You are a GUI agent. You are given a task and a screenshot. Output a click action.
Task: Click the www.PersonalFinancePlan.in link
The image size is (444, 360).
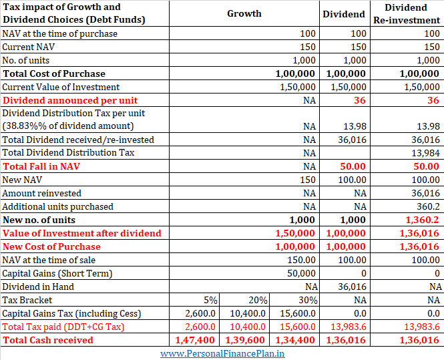222,353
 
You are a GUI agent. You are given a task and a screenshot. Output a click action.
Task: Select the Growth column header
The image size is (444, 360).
244,13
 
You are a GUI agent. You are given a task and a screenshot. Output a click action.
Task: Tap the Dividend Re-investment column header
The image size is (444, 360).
407,14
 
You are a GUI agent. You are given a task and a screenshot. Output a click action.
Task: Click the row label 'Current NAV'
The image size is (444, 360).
28,47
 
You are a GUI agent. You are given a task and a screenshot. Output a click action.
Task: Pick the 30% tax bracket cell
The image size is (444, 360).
308,300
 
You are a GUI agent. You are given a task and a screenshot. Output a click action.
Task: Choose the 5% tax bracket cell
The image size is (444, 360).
210,300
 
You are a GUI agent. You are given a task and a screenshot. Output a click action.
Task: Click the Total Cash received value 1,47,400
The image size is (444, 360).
195,340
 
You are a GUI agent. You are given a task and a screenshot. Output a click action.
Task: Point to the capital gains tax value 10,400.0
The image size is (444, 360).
248,313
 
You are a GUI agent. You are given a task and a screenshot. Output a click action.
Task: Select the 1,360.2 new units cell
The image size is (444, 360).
422,220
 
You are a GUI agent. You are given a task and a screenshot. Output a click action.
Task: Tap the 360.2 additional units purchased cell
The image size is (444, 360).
428,206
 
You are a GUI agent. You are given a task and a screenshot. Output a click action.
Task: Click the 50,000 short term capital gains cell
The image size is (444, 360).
301,273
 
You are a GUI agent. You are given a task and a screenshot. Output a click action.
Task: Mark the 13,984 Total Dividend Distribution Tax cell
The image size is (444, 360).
425,153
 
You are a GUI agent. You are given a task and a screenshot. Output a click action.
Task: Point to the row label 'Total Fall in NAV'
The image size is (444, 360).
41,166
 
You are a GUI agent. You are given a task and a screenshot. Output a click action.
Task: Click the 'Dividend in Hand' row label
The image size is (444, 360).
38,287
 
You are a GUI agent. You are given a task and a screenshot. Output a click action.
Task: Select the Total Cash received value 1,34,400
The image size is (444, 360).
295,340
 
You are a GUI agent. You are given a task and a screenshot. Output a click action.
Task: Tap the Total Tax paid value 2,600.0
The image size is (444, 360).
200,327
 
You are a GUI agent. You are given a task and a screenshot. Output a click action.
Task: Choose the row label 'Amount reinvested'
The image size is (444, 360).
41,193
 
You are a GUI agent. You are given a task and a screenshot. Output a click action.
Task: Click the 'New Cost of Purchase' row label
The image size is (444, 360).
51,246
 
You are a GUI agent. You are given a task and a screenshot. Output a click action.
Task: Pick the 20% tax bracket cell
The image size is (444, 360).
258,300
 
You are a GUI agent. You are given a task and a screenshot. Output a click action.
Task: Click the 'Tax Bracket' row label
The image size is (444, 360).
27,300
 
